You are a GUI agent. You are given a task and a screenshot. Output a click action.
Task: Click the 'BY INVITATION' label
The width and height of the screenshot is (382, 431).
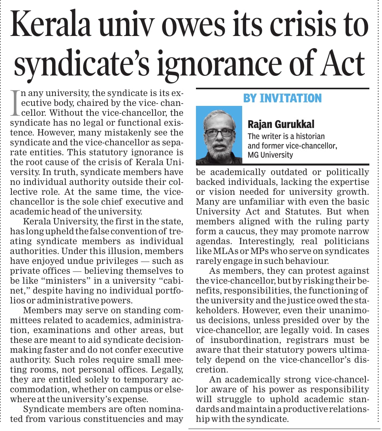click(282, 98)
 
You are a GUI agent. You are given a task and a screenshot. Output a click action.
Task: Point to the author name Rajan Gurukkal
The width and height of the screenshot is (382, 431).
click(281, 124)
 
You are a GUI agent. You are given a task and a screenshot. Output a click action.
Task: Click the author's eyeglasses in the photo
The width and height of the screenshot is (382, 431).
click(219, 132)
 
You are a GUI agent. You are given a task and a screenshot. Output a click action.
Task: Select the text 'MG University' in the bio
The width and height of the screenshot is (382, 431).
click(271, 154)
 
